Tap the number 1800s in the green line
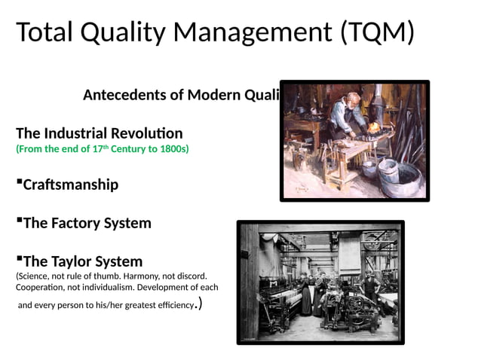tap(173, 149)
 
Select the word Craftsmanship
tap(71, 185)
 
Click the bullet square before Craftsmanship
tap(19, 181)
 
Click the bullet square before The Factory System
tap(19, 220)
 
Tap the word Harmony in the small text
tap(141, 276)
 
